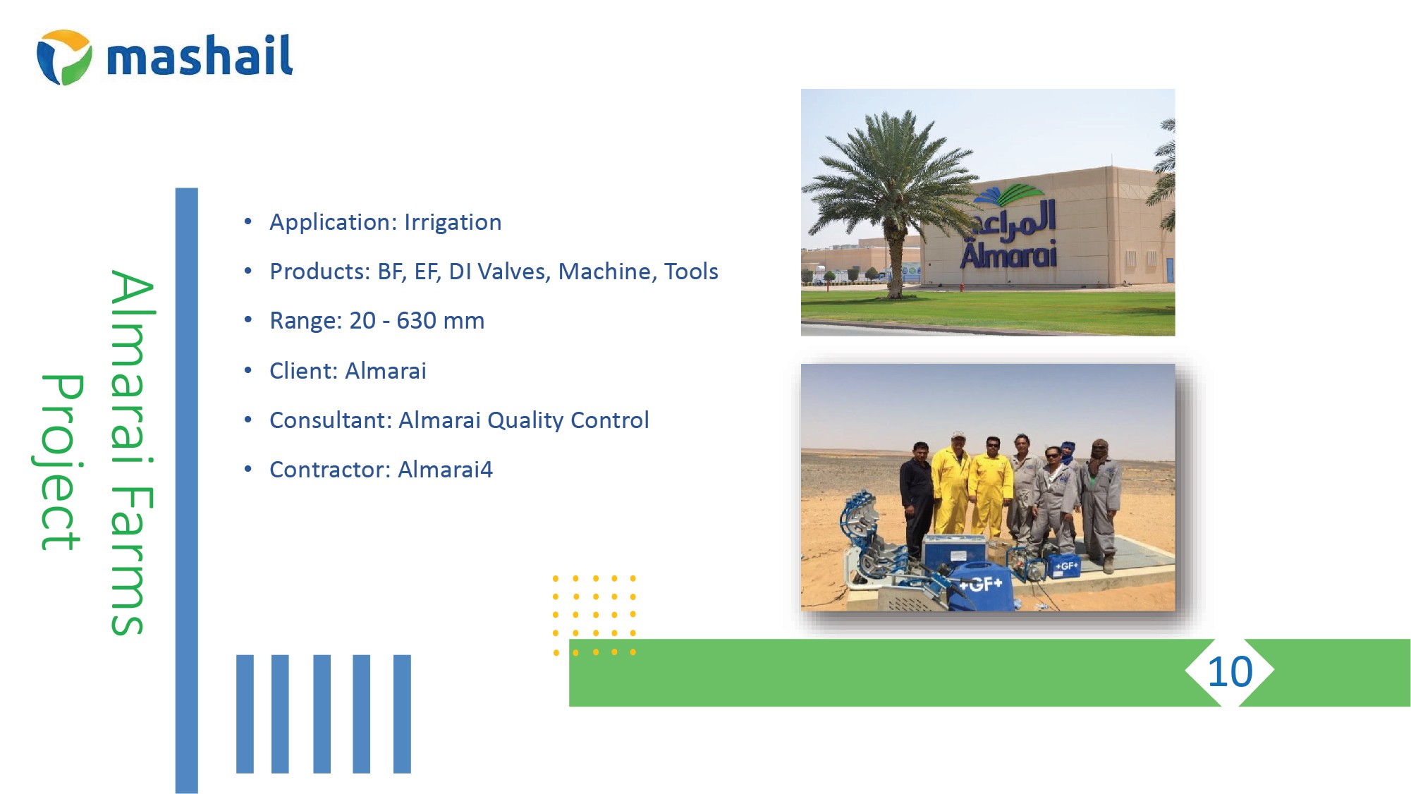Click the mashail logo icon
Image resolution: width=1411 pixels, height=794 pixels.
(x=64, y=57)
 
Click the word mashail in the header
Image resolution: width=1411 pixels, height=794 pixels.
(x=200, y=55)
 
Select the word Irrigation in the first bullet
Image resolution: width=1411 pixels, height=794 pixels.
(x=453, y=222)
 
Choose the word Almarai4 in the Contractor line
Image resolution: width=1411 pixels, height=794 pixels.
(x=445, y=470)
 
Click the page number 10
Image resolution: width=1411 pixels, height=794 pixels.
(x=1230, y=672)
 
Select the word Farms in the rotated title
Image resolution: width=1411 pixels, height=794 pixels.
(x=130, y=561)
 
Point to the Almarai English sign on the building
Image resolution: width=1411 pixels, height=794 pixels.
(x=1008, y=254)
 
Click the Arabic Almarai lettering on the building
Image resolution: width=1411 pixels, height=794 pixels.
(x=1015, y=217)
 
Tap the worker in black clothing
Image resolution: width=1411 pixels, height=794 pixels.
(x=917, y=501)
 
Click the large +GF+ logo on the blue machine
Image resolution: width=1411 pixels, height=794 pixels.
(x=981, y=584)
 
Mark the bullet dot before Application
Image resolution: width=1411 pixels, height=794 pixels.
(x=248, y=221)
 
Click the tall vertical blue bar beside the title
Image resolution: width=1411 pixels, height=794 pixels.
(x=187, y=490)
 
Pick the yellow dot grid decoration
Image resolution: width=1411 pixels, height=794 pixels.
(x=594, y=615)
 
